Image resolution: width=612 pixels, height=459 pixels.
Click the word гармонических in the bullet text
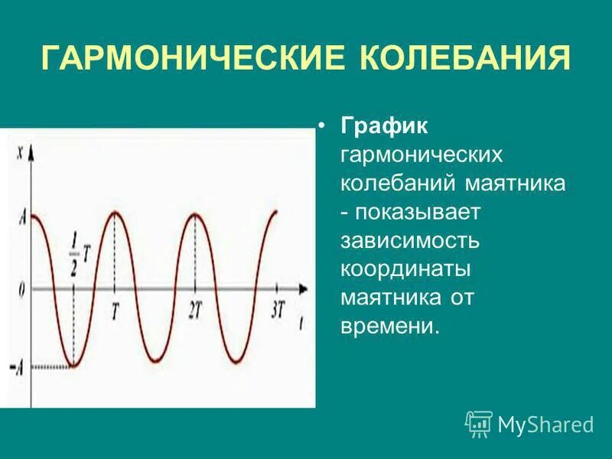tap(422, 155)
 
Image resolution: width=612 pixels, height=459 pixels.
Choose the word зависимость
tap(410, 241)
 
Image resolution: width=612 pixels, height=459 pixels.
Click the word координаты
tap(405, 270)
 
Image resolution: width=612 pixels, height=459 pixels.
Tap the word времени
tap(390, 327)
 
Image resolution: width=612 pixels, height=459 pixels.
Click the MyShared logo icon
tap(478, 423)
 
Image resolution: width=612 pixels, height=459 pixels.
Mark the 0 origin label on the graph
tap(21, 290)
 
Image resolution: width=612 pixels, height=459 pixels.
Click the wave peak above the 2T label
tap(197, 213)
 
